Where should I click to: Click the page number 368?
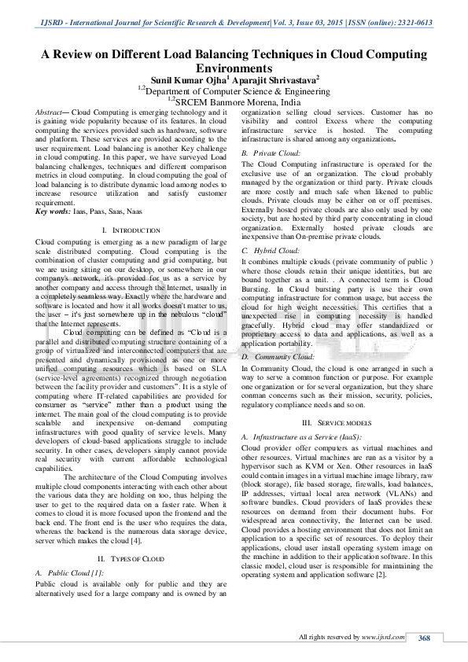click(424, 638)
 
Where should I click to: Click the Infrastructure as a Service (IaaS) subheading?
click(302, 436)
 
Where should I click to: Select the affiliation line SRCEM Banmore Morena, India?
click(237, 102)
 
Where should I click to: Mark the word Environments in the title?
click(234, 69)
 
